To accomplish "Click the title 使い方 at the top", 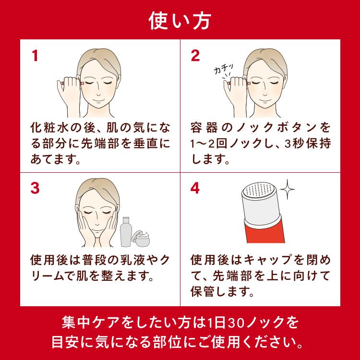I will pos(180,20).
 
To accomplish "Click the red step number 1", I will pos(35,56).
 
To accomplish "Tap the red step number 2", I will pos(195,56).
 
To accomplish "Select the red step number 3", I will pos(35,188).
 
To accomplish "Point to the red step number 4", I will pos(195,188).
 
